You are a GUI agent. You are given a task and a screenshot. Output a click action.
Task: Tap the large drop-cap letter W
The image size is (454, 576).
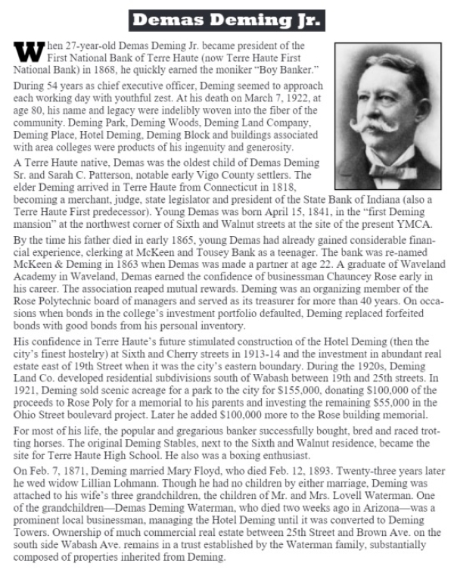(x=25, y=52)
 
